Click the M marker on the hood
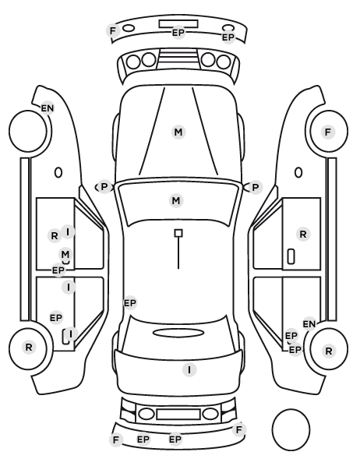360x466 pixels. click(178, 132)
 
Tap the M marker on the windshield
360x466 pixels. click(176, 200)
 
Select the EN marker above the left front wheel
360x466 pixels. click(48, 108)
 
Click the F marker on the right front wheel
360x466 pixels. click(328, 132)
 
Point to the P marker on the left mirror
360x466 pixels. click(104, 187)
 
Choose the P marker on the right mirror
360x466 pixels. click(256, 188)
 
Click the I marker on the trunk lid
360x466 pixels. click(189, 370)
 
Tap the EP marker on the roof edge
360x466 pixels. click(130, 303)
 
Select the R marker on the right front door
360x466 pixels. click(303, 235)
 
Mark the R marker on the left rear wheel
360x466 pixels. click(29, 347)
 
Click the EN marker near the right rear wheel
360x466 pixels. click(309, 324)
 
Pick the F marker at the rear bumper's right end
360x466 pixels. click(239, 429)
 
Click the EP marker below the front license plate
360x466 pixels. click(178, 33)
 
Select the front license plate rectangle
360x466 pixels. click(178, 24)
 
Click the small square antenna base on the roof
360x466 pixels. click(178, 233)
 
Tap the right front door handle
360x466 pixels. click(291, 256)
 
